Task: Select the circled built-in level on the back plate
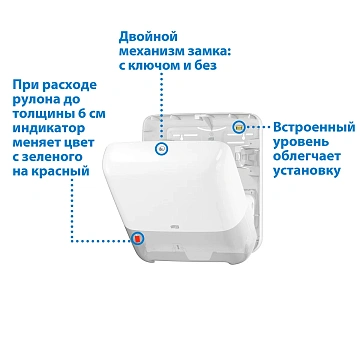(238, 128)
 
